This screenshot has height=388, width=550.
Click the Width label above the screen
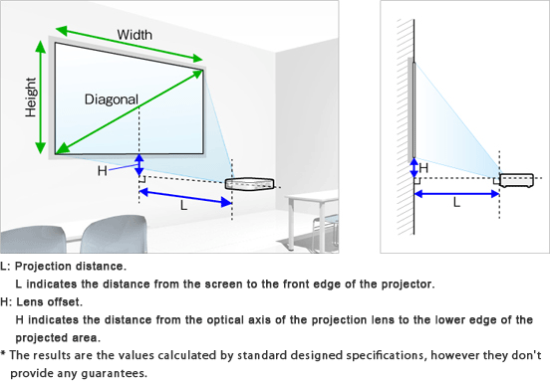(x=135, y=35)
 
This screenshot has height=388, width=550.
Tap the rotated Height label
(x=31, y=97)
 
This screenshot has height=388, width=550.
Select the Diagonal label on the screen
(x=112, y=99)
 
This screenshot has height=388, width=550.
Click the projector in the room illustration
(x=249, y=184)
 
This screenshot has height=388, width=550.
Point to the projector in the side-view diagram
(x=517, y=180)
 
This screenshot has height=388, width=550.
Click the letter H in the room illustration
(x=102, y=171)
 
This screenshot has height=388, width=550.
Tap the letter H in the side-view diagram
(x=423, y=168)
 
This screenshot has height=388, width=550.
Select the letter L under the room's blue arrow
(x=183, y=205)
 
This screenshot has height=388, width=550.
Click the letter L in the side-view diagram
(x=456, y=202)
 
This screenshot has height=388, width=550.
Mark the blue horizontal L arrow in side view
(x=456, y=193)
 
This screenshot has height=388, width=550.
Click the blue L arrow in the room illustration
(x=185, y=196)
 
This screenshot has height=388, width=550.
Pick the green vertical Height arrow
(x=41, y=97)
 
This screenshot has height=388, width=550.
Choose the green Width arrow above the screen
(x=130, y=44)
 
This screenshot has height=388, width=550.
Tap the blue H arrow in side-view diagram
(x=414, y=168)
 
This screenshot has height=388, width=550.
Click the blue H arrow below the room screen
(x=139, y=165)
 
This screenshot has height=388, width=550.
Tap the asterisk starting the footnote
(x=3, y=354)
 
